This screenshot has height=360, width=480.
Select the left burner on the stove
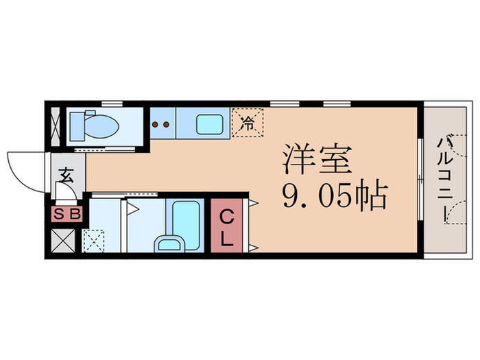[156, 125]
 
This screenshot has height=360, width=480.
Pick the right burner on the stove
[167, 125]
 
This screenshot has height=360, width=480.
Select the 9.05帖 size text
[334, 197]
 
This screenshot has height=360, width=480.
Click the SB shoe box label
[67, 214]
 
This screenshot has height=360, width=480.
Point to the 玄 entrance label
[67, 175]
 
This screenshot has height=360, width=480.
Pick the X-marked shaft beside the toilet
[55, 126]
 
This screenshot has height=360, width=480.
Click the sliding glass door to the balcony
[419, 178]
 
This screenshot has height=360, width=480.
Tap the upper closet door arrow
[254, 202]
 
